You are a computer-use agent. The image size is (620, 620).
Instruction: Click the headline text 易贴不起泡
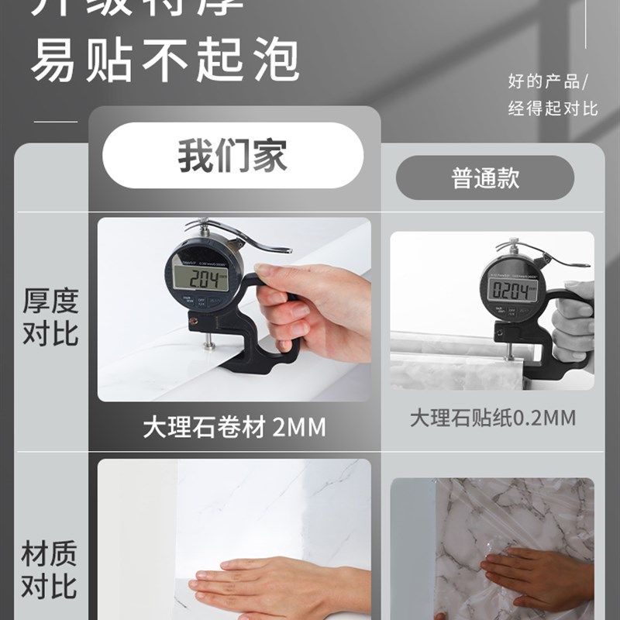pyautogui.click(x=165, y=60)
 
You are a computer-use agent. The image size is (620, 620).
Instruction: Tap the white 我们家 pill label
pyautogui.click(x=232, y=155)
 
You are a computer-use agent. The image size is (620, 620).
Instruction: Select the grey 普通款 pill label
pyautogui.click(x=485, y=178)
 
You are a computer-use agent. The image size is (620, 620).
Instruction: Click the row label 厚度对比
pyautogui.click(x=50, y=318)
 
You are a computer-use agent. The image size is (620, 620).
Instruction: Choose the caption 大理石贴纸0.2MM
pyautogui.click(x=493, y=418)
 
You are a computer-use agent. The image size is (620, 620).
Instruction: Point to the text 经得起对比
pyautogui.click(x=553, y=108)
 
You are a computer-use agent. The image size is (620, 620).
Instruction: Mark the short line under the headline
pyautogui.click(x=56, y=121)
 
